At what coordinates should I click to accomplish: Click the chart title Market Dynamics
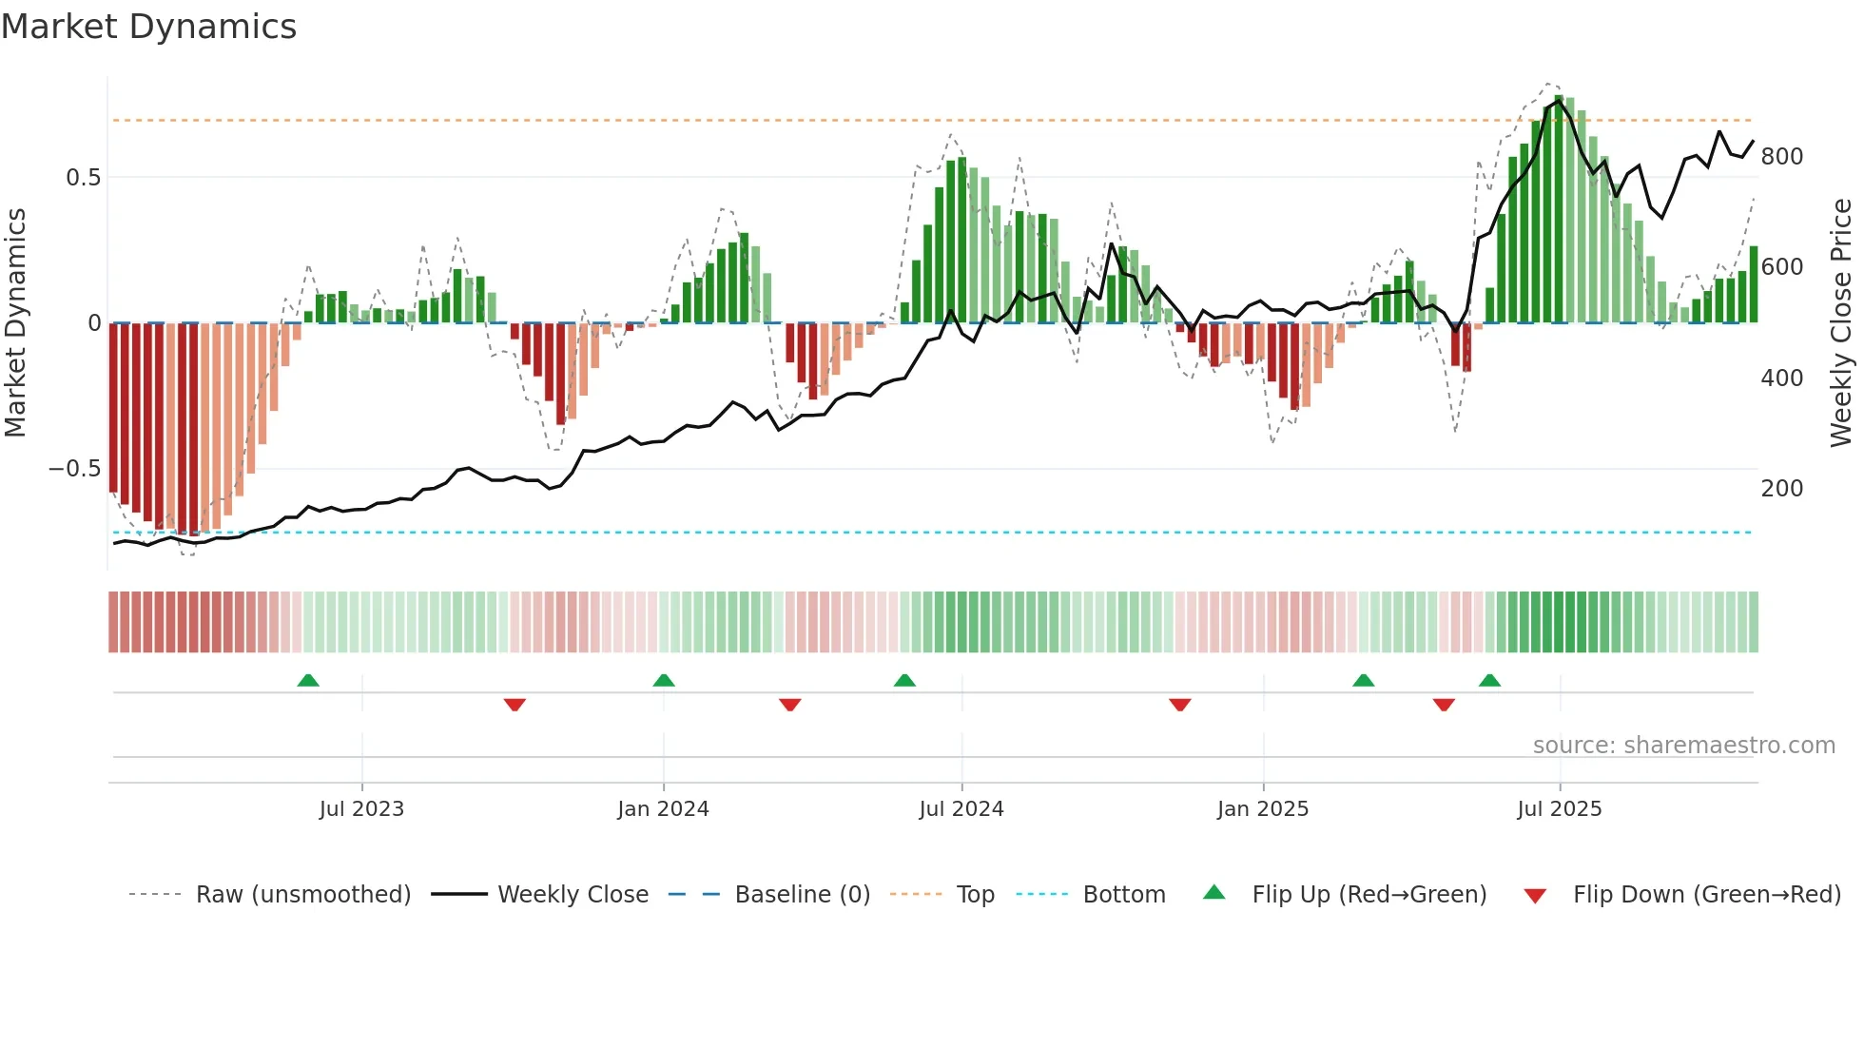pyautogui.click(x=148, y=27)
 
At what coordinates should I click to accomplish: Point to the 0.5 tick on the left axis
pyautogui.click(x=83, y=178)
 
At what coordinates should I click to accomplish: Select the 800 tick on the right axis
pyautogui.click(x=1781, y=157)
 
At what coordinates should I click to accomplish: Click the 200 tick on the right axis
pyautogui.click(x=1781, y=489)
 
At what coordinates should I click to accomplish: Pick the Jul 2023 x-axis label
pyautogui.click(x=361, y=809)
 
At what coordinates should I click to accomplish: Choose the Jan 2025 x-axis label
pyautogui.click(x=1262, y=809)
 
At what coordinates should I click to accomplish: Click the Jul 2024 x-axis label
pyautogui.click(x=961, y=809)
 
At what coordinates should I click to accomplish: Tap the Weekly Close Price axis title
pyautogui.click(x=1841, y=323)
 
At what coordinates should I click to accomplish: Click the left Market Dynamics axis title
pyautogui.click(x=15, y=323)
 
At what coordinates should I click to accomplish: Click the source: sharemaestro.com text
pyautogui.click(x=1683, y=746)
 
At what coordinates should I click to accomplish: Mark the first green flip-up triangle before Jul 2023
pyautogui.click(x=308, y=681)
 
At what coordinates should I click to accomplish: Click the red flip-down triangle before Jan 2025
pyautogui.click(x=1179, y=705)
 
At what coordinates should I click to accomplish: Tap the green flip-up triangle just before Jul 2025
pyautogui.click(x=1489, y=681)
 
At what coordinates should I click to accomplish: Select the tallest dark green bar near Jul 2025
pyautogui.click(x=1559, y=209)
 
